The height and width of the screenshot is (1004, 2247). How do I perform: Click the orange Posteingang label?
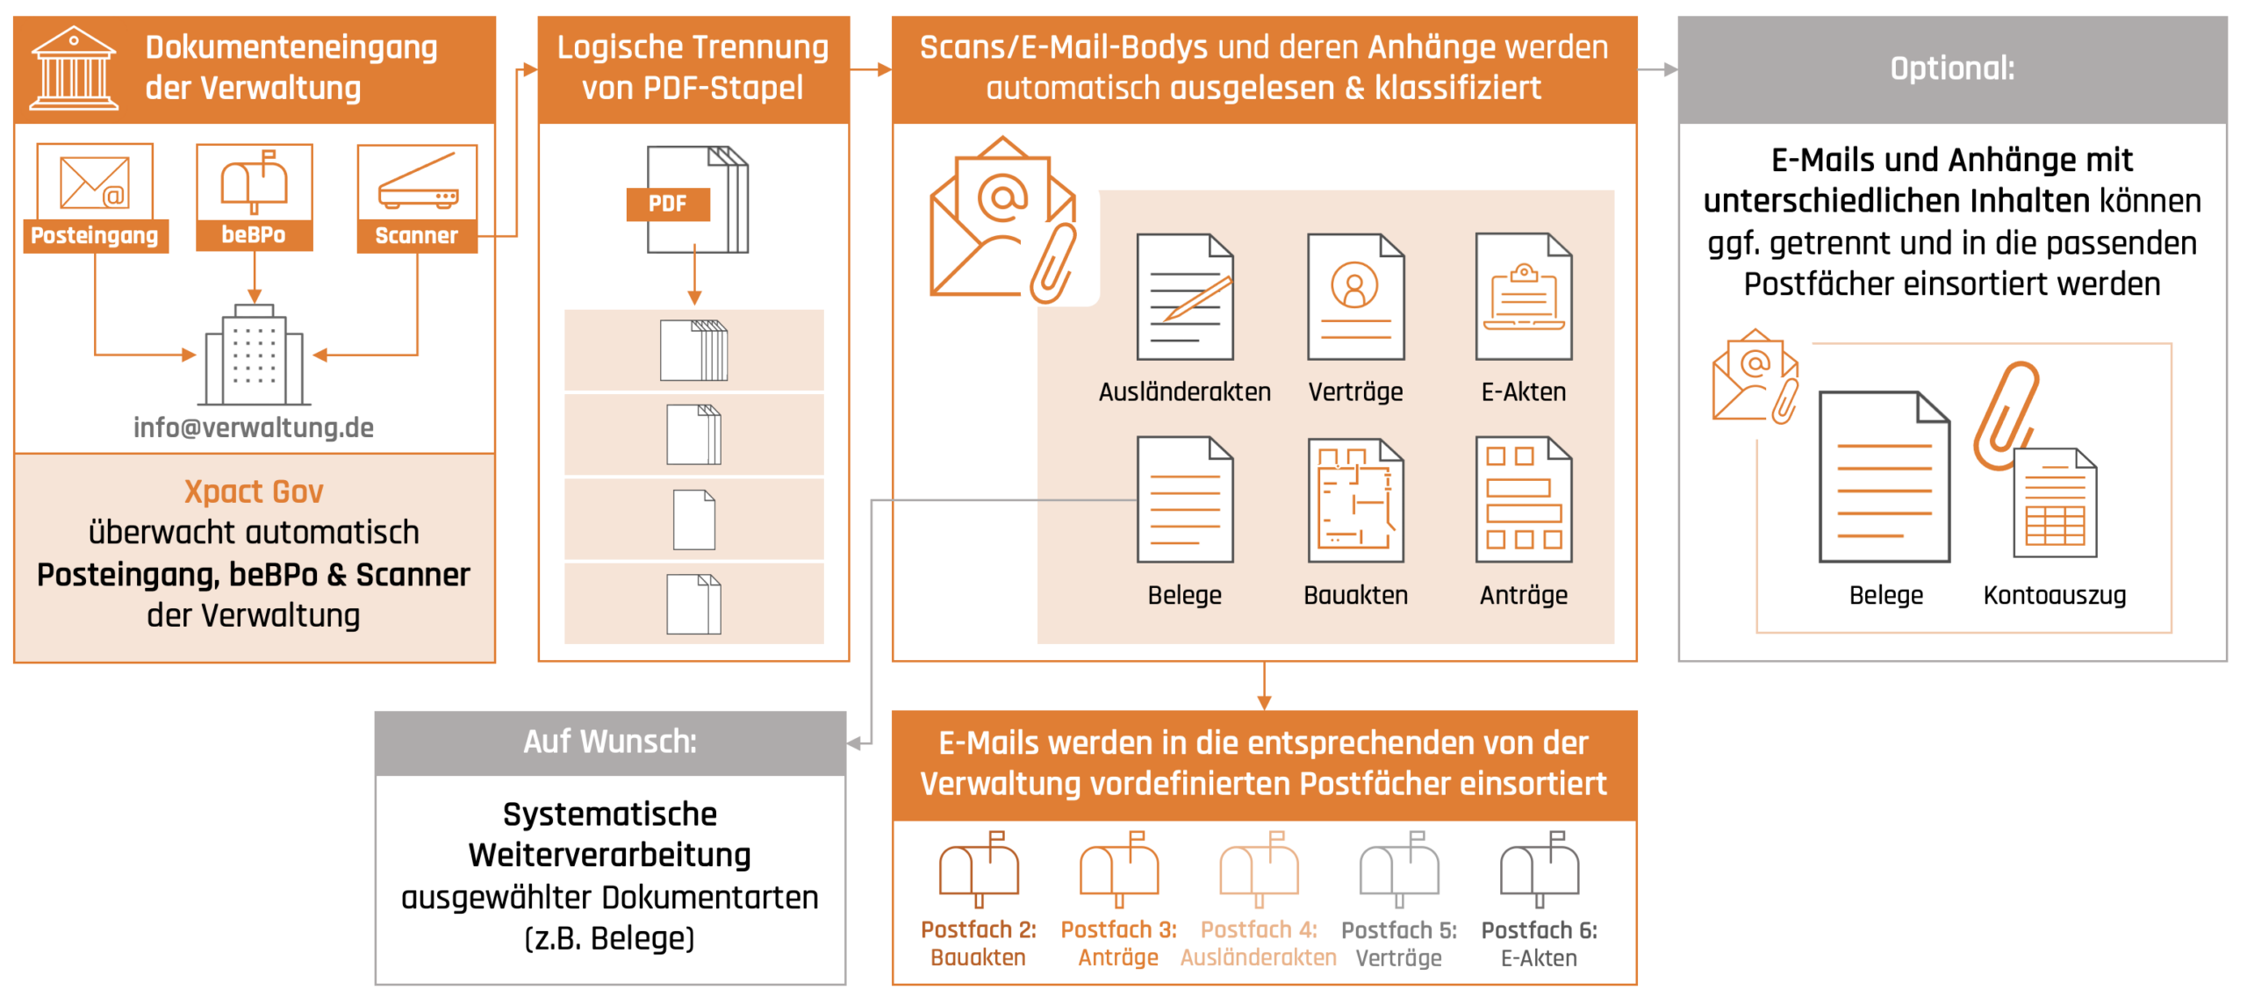pyautogui.click(x=95, y=235)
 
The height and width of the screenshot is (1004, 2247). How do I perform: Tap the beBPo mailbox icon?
pyautogui.click(x=254, y=182)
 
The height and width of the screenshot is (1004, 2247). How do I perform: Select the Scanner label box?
pyautogui.click(x=417, y=235)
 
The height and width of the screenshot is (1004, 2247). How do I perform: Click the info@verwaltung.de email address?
pyautogui.click(x=254, y=427)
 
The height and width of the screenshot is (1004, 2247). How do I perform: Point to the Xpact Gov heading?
pyautogui.click(x=254, y=491)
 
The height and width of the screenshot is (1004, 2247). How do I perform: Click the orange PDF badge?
pyautogui.click(x=668, y=204)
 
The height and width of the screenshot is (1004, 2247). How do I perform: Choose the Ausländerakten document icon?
pyautogui.click(x=1185, y=297)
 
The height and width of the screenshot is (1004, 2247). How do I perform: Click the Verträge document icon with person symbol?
pyautogui.click(x=1356, y=297)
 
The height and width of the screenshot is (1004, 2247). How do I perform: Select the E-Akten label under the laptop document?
pyautogui.click(x=1524, y=391)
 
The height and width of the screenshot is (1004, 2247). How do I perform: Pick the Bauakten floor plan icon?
pyautogui.click(x=1356, y=500)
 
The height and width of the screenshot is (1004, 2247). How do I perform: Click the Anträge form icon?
pyautogui.click(x=1524, y=500)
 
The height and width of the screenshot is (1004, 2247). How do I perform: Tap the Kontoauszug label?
pyautogui.click(x=2055, y=595)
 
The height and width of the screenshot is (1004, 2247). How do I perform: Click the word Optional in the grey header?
pyautogui.click(x=1952, y=68)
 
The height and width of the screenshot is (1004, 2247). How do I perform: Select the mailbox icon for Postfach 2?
pyautogui.click(x=979, y=869)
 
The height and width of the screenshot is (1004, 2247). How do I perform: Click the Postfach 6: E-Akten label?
pyautogui.click(x=1539, y=943)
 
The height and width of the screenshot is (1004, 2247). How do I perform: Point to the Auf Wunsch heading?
pyautogui.click(x=610, y=742)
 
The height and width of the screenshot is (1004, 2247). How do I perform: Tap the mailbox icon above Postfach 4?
pyautogui.click(x=1259, y=869)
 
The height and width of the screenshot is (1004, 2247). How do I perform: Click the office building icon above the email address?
pyautogui.click(x=254, y=355)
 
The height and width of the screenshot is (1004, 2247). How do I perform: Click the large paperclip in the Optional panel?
pyautogui.click(x=2006, y=416)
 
